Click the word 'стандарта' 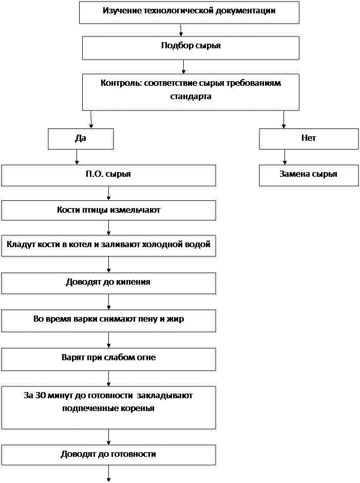(191, 96)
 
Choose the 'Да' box (81, 138)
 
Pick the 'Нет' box (309, 138)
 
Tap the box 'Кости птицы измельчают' (108, 210)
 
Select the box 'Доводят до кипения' (108, 282)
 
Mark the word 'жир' (176, 319)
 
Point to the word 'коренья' (138, 409)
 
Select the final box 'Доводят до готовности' (108, 454)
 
